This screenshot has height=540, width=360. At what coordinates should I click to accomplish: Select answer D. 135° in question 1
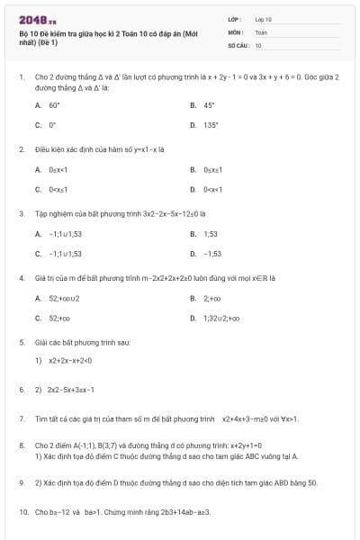tap(211, 125)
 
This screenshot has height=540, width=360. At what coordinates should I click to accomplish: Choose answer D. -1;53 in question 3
tap(212, 254)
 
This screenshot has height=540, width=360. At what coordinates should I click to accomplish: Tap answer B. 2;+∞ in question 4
tap(212, 298)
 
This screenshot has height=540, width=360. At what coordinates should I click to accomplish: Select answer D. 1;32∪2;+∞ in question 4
tap(221, 319)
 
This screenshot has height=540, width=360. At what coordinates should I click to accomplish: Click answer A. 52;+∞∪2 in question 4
tap(64, 298)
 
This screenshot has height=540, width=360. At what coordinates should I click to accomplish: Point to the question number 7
tap(21, 418)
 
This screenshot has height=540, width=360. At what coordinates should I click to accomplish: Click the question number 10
tap(22, 512)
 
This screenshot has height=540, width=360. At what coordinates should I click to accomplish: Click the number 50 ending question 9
tap(312, 482)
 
